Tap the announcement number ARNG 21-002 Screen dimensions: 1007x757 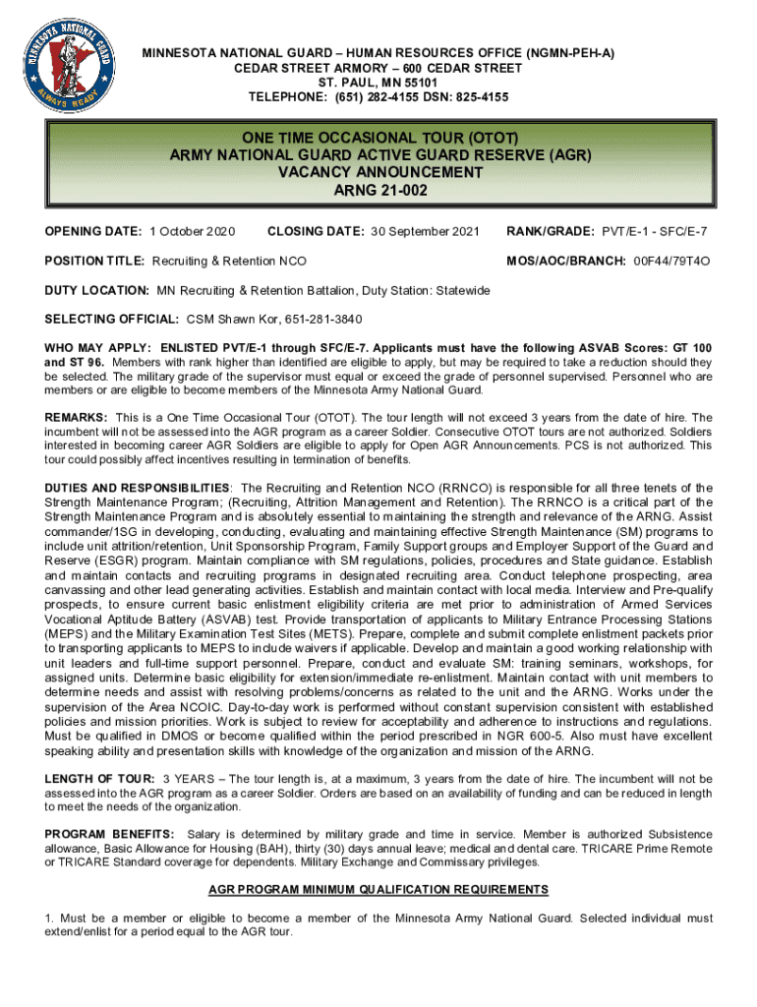point(379,191)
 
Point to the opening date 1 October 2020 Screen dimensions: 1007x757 point(193,231)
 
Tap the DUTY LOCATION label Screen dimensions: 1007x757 point(96,291)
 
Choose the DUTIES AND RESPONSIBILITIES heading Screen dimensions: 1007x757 point(138,488)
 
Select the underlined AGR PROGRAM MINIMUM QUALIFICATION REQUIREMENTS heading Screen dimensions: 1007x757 point(378,889)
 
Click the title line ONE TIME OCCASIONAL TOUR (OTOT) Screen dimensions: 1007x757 point(379,135)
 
